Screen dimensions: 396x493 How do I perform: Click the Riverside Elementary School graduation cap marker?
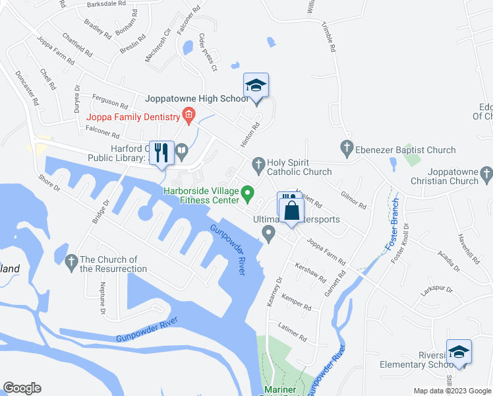coord(459,353)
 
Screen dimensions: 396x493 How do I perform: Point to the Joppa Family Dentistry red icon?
coord(188,117)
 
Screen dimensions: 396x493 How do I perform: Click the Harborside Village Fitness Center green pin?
coord(248,194)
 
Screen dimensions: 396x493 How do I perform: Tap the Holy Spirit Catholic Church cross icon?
coord(258,162)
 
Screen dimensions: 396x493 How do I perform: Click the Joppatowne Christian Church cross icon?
coord(486,175)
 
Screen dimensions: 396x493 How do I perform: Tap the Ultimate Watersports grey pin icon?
coord(268,233)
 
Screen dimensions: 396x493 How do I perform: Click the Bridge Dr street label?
coord(101,211)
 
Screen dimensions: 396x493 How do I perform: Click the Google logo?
coord(22,388)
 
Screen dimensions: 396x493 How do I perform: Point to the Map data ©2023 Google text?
coord(451,391)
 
